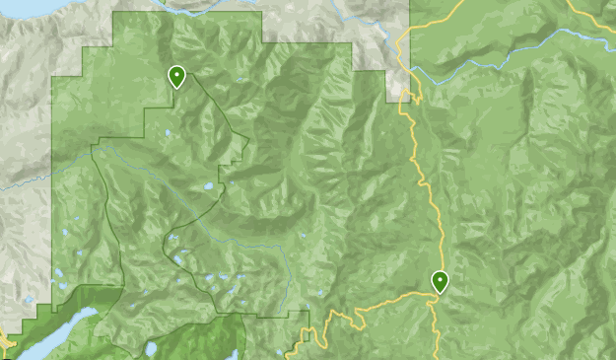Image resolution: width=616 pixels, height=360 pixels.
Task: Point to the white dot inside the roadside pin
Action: (440, 279)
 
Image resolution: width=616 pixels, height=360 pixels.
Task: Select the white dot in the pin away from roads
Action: (176, 73)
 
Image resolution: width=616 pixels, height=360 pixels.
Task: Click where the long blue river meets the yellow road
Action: (414, 69)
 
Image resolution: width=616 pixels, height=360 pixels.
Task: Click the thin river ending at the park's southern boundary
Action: (286, 286)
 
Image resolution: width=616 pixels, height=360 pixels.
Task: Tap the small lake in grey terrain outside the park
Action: (30, 300)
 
